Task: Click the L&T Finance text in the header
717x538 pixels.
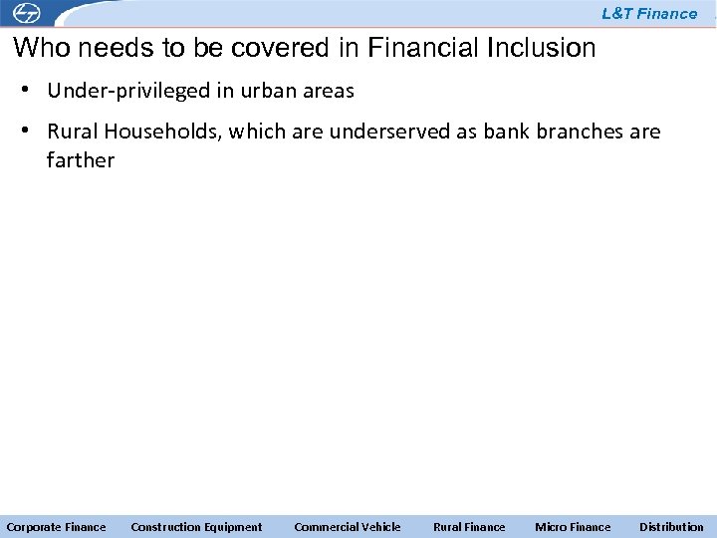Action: click(x=649, y=14)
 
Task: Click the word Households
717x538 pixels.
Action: click(x=154, y=133)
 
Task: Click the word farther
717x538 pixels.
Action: click(x=81, y=160)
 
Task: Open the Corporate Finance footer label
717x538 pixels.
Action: click(x=56, y=527)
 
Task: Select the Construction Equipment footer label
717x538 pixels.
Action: click(x=196, y=527)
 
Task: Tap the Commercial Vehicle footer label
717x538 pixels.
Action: click(x=348, y=527)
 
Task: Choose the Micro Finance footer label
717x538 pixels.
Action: click(x=573, y=527)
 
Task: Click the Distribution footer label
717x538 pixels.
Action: click(x=671, y=527)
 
